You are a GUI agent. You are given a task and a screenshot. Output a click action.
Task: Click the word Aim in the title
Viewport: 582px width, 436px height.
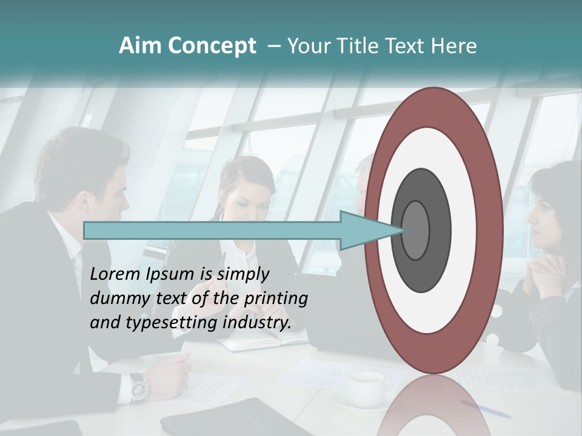tap(140, 46)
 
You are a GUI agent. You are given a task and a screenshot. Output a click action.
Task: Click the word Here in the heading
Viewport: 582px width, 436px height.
tap(454, 46)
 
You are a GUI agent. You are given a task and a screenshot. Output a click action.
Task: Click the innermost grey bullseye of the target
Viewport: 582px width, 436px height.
tap(415, 231)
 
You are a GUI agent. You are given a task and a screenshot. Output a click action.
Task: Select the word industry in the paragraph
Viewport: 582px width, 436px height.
tap(257, 322)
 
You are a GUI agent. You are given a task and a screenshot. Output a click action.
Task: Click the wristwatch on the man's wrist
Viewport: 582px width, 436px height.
tap(139, 386)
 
